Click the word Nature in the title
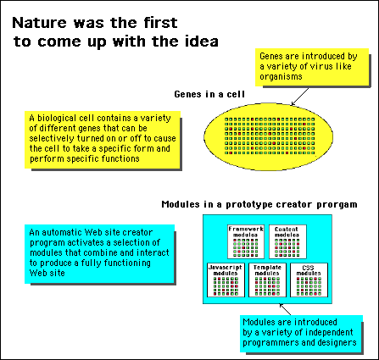point(39,23)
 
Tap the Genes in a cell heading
point(209,94)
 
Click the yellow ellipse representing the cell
point(268,136)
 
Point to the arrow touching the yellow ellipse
point(300,97)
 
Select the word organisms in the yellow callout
point(281,77)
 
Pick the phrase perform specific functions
point(85,158)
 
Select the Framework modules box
point(246,241)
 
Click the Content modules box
point(287,241)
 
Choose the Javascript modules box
point(226,280)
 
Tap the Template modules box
point(267,280)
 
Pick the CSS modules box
point(309,280)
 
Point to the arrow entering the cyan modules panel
point(285,309)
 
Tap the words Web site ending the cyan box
point(47,273)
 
